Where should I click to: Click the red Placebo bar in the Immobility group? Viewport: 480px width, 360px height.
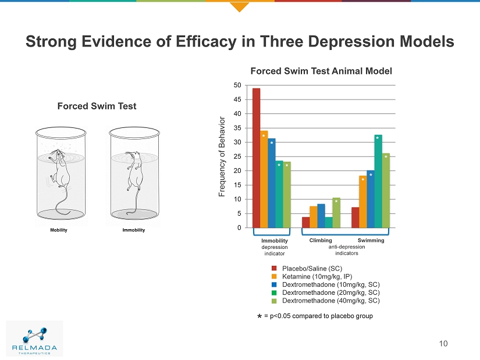(x=256, y=158)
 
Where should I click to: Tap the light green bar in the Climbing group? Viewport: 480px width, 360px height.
(x=336, y=213)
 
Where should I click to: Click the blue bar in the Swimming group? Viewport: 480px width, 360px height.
(x=371, y=199)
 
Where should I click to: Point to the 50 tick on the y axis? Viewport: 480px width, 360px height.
(x=237, y=85)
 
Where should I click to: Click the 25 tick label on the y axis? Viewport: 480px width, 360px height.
(x=237, y=156)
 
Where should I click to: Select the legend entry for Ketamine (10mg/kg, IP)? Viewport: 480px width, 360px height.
(x=317, y=276)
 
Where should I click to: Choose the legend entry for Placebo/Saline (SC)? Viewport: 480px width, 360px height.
(x=312, y=268)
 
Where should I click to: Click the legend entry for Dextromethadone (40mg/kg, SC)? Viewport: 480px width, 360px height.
(x=330, y=301)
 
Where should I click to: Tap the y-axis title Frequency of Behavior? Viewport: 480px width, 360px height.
(x=222, y=156)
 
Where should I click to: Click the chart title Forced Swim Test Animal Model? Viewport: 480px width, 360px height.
(x=321, y=71)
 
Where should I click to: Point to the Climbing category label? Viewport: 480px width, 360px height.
(x=321, y=240)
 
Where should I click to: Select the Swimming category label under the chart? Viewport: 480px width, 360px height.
(x=371, y=240)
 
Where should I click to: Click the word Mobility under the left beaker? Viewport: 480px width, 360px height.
(x=58, y=230)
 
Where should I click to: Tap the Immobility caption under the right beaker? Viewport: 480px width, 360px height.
(x=133, y=230)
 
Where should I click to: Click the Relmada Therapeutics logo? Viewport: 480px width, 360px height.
(x=34, y=338)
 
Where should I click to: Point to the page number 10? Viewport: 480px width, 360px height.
(x=443, y=343)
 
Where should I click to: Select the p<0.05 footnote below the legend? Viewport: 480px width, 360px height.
(x=318, y=316)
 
